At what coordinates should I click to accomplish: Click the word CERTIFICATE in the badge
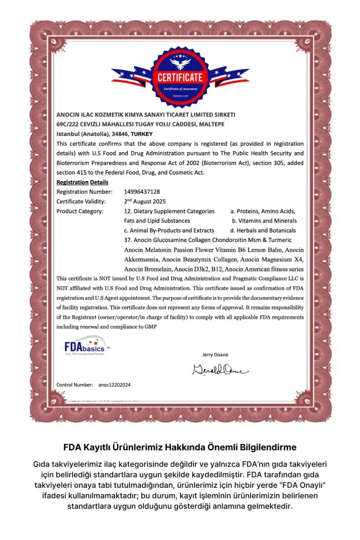(x=180, y=77)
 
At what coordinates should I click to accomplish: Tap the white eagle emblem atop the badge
(x=180, y=62)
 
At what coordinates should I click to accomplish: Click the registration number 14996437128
(x=142, y=192)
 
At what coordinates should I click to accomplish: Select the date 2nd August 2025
(x=145, y=201)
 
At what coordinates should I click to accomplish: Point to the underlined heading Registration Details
(x=82, y=182)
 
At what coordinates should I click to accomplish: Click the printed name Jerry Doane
(x=215, y=355)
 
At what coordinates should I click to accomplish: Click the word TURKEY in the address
(x=142, y=134)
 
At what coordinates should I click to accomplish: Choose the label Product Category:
(x=80, y=211)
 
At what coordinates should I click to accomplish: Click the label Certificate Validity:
(x=81, y=201)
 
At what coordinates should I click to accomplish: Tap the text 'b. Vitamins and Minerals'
(x=265, y=220)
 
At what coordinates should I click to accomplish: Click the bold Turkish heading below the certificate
(x=180, y=447)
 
